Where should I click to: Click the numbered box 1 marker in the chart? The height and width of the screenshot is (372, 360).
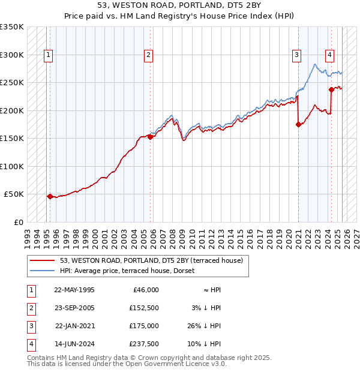coord(47,56)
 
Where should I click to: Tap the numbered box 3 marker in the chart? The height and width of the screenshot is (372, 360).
coord(296,56)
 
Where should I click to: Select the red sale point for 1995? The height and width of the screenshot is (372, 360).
coord(50,196)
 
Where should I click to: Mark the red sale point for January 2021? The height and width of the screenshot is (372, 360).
coord(298,125)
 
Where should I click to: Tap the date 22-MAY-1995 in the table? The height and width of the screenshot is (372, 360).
coord(74,290)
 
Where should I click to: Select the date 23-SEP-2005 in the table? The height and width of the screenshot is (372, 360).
coord(74,308)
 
